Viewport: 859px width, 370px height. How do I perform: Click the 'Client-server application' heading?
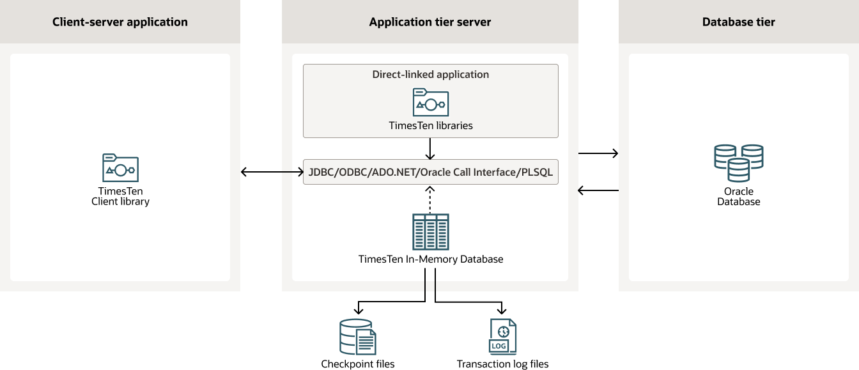coord(120,22)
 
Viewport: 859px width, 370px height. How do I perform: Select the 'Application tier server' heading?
coord(430,22)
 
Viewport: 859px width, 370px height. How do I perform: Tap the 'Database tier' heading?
coord(738,22)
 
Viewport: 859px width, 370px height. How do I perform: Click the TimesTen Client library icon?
coord(120,168)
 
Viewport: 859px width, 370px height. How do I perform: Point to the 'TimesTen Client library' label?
coord(120,196)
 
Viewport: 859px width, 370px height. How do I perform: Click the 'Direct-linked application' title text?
coord(430,74)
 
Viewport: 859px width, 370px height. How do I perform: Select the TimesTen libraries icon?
coord(430,102)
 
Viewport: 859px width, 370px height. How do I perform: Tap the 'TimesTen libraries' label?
coord(430,125)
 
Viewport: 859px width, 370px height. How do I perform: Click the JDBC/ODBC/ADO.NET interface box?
coord(430,172)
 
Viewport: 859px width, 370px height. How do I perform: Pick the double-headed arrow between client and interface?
coord(272,172)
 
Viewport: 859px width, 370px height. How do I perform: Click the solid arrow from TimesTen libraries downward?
coord(430,148)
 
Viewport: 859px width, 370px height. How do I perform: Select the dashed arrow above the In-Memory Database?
coord(430,199)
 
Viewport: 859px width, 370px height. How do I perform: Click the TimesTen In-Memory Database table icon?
coord(430,231)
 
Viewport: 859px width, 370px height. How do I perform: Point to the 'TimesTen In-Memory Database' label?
coord(430,259)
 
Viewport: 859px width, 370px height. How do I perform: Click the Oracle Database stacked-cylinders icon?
coord(738,163)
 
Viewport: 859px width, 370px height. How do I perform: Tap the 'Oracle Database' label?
coord(738,196)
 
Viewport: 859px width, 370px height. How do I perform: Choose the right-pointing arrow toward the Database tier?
coord(598,153)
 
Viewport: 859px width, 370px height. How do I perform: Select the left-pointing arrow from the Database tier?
coord(598,190)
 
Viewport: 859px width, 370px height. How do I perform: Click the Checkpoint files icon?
coord(357,337)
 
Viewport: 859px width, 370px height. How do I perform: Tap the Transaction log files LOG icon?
coord(502,337)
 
